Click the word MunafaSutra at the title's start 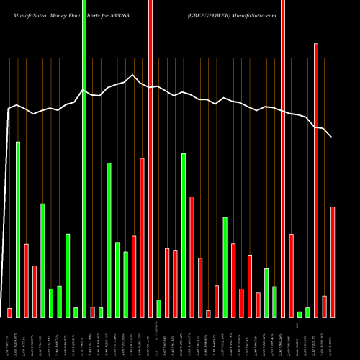25,13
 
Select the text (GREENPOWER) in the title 210,13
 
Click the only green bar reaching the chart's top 84,158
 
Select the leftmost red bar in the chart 9,312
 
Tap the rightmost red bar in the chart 333,261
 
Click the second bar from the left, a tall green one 18,229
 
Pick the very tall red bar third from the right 316,180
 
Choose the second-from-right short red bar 325,306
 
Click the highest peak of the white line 132,74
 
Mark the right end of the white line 331,136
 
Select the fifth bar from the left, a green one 42,260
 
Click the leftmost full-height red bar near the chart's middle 150,158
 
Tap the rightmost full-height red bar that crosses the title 283,158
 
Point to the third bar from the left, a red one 26,280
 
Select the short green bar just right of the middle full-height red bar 158,308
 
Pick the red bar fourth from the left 35,291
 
